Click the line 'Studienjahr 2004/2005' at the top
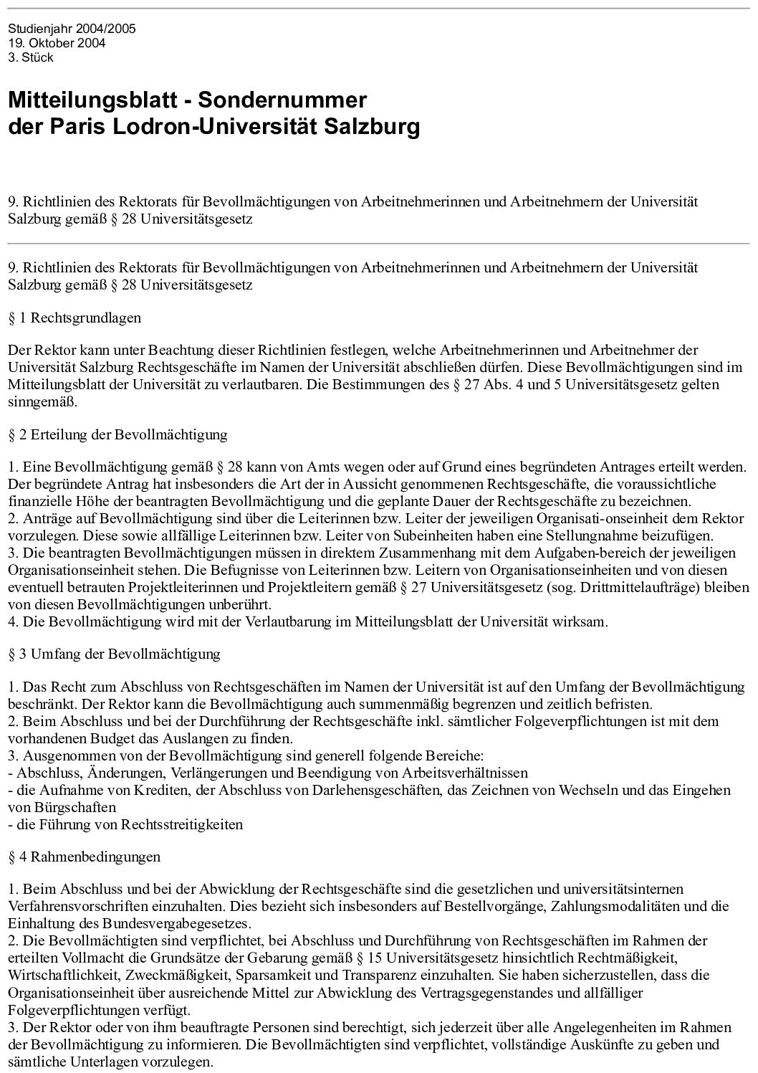pos(72,29)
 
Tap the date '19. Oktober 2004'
pos(57,43)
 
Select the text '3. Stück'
pos(31,57)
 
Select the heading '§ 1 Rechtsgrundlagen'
pos(75,317)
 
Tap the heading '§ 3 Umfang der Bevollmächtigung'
pos(114,654)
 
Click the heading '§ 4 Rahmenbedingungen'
pos(85,857)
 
